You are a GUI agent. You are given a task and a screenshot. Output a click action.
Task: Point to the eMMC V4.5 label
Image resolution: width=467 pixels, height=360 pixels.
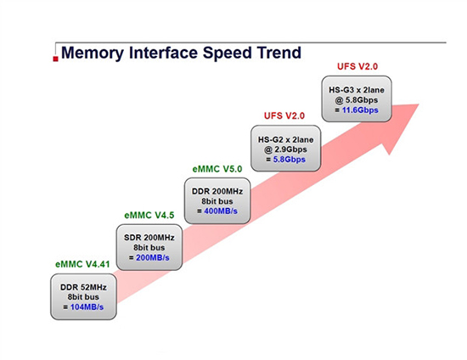click(x=149, y=215)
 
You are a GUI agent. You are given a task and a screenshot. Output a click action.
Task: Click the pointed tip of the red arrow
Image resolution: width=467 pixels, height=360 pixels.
click(x=419, y=105)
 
